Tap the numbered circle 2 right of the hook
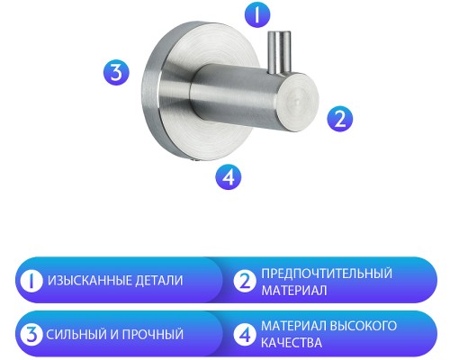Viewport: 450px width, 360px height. click(x=338, y=117)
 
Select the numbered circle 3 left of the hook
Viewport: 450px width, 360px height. click(x=113, y=72)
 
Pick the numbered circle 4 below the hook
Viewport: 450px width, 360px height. click(x=229, y=176)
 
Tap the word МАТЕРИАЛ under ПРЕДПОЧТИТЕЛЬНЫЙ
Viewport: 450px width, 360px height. click(x=293, y=291)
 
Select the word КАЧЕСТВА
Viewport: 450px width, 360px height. click(x=292, y=344)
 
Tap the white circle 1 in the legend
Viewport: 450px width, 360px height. click(x=30, y=281)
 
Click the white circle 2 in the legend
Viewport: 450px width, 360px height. click(x=244, y=281)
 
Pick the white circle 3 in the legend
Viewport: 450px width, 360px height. click(x=30, y=335)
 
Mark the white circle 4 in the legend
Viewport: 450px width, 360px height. click(x=244, y=335)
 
